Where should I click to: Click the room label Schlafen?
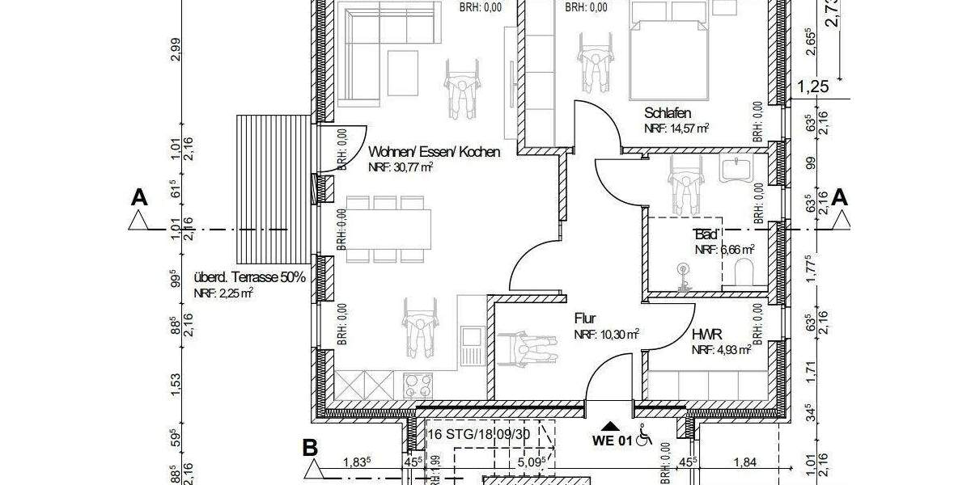pyautogui.click(x=668, y=113)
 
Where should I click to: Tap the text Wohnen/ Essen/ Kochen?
pyautogui.click(x=434, y=152)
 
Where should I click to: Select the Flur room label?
pyautogui.click(x=585, y=318)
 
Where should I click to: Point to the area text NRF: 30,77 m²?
pyautogui.click(x=401, y=167)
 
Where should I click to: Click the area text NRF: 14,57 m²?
pyautogui.click(x=676, y=129)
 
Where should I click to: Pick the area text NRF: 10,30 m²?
pyautogui.click(x=607, y=334)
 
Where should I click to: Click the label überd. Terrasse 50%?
pyautogui.click(x=249, y=277)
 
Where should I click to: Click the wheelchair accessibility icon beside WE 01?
pyautogui.click(x=645, y=437)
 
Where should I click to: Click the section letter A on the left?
pyautogui.click(x=140, y=196)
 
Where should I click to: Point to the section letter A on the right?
pyautogui.click(x=840, y=196)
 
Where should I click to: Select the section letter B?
pyautogui.click(x=309, y=447)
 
